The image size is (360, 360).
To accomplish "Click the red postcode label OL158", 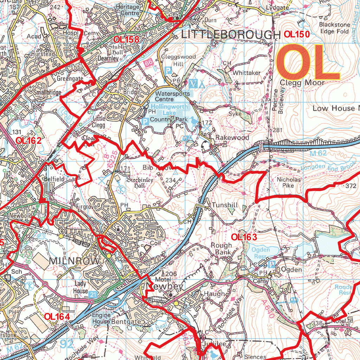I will click(x=126, y=39).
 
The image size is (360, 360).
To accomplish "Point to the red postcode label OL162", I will click(x=29, y=141).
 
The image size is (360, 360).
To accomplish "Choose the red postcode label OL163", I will click(x=244, y=237).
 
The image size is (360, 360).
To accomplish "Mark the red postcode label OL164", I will click(x=57, y=316).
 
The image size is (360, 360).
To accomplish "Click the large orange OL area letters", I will click(x=308, y=62).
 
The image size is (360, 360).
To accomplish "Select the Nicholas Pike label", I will click(x=289, y=182).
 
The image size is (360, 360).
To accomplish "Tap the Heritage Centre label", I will click(x=128, y=10).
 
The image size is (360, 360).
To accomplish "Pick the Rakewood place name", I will click(x=232, y=137).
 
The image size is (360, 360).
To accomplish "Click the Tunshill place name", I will click(x=225, y=205).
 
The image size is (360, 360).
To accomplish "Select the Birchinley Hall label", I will click(x=140, y=183).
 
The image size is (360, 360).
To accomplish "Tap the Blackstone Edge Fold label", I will click(x=334, y=28).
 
